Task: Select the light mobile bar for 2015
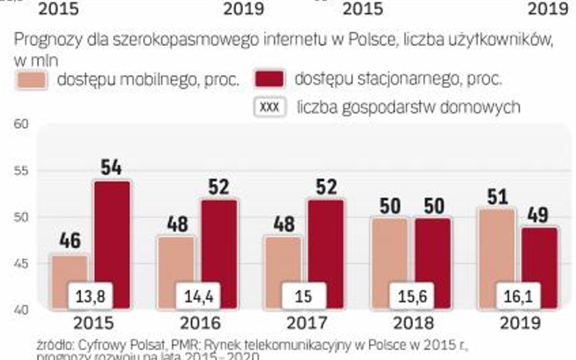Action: pyautogui.click(x=70, y=267)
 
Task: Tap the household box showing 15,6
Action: pyautogui.click(x=411, y=296)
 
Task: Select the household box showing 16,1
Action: pyautogui.click(x=518, y=296)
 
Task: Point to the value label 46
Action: pyautogui.click(x=70, y=241)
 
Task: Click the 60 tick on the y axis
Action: pyautogui.click(x=21, y=124)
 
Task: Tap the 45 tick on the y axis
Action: pyautogui.click(x=21, y=263)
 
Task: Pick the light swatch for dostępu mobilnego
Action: pyautogui.click(x=32, y=80)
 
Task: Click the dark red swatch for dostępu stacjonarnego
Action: pyautogui.click(x=270, y=79)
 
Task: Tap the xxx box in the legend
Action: pyautogui.click(x=269, y=106)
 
